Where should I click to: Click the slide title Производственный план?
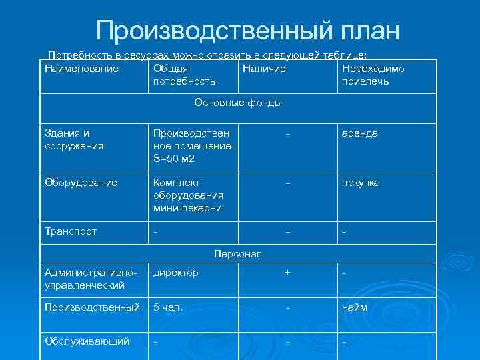point(248,30)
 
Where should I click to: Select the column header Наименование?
point(81,69)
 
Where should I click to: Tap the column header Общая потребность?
point(185,75)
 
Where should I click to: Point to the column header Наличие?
point(264,69)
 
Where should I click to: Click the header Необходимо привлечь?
point(373,75)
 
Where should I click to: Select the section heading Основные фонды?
point(238,103)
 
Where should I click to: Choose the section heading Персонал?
point(238,254)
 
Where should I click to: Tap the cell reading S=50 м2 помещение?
point(192,146)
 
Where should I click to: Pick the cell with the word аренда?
point(359,133)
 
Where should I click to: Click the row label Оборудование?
point(81,183)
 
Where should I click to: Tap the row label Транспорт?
point(71,231)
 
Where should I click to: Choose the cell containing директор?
point(175,273)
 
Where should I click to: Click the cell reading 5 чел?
point(168,307)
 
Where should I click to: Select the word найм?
point(355,307)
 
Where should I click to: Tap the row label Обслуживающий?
point(87,341)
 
